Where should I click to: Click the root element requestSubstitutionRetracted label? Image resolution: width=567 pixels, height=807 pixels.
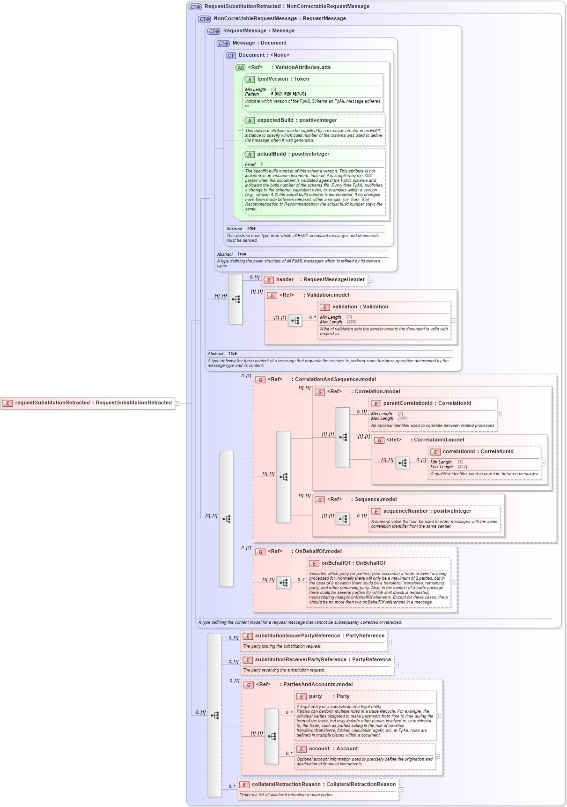[93, 403]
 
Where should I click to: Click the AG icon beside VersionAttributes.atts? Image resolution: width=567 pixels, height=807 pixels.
[240, 67]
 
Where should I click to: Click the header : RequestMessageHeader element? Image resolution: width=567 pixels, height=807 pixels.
[320, 280]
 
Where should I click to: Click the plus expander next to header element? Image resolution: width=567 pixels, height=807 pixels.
[370, 280]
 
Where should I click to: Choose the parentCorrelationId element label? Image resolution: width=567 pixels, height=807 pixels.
[427, 403]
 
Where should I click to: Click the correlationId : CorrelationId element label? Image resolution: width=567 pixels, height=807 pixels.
[478, 452]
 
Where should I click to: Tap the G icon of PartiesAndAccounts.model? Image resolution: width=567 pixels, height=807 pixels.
[249, 685]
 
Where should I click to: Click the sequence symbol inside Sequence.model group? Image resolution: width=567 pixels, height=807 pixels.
[343, 519]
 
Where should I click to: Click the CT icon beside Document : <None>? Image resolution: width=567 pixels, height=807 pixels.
[231, 55]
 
